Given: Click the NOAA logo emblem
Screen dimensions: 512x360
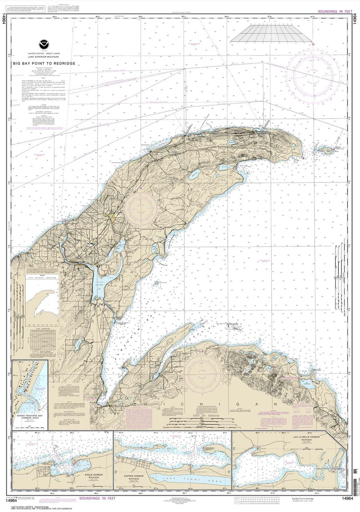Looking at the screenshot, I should tap(42, 44).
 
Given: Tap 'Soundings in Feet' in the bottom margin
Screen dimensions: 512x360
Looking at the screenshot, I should tap(97, 498).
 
